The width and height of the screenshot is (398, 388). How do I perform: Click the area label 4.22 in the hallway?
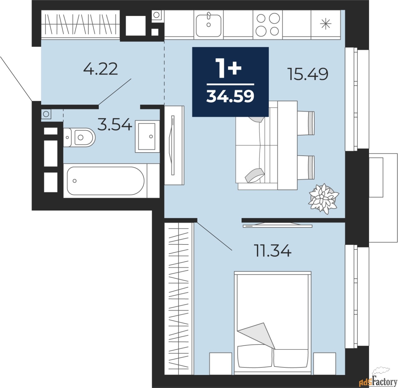tap(100, 69)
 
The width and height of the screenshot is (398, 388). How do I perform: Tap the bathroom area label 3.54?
tap(114, 125)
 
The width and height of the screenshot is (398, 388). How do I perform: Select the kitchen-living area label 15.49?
tap(308, 74)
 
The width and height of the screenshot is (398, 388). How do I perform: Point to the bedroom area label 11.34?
tap(273, 251)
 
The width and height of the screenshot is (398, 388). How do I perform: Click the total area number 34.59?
tap(230, 96)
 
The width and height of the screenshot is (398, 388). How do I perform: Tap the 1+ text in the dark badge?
tap(229, 68)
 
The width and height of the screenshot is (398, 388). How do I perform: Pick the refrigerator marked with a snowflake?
tap(326, 24)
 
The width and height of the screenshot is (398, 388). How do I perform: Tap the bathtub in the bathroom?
tap(105, 181)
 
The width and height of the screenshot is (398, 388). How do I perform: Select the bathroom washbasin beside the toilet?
tap(147, 136)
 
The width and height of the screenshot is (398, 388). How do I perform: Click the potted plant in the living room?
tap(323, 198)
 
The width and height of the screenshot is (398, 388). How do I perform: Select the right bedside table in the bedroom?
tap(324, 363)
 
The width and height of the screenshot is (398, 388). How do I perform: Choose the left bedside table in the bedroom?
tap(220, 363)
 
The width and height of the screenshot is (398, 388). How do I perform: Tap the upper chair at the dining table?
tap(306, 123)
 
